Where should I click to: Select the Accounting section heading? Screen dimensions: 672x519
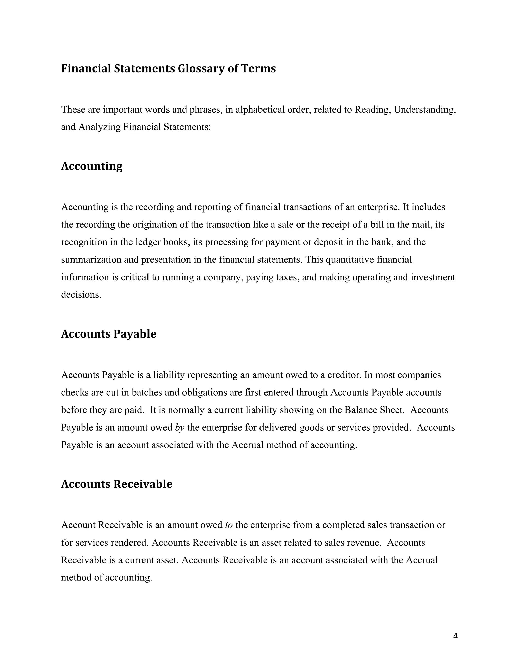click(92, 166)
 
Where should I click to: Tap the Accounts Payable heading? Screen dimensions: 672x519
click(108, 334)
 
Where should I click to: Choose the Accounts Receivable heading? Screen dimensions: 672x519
click(117, 484)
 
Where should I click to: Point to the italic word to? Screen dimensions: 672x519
click(229, 525)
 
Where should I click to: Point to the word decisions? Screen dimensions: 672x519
click(81, 295)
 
